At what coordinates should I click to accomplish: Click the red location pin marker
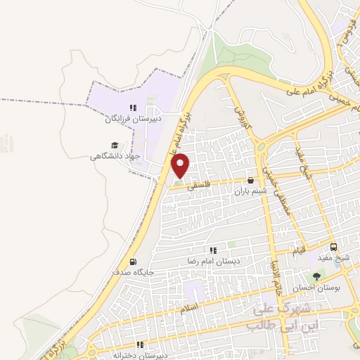pos(181,165)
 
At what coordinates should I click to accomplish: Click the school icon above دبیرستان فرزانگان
pos(133,108)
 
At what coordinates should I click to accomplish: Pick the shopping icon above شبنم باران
pos(251,181)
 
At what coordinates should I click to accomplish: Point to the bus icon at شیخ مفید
pos(333,247)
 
